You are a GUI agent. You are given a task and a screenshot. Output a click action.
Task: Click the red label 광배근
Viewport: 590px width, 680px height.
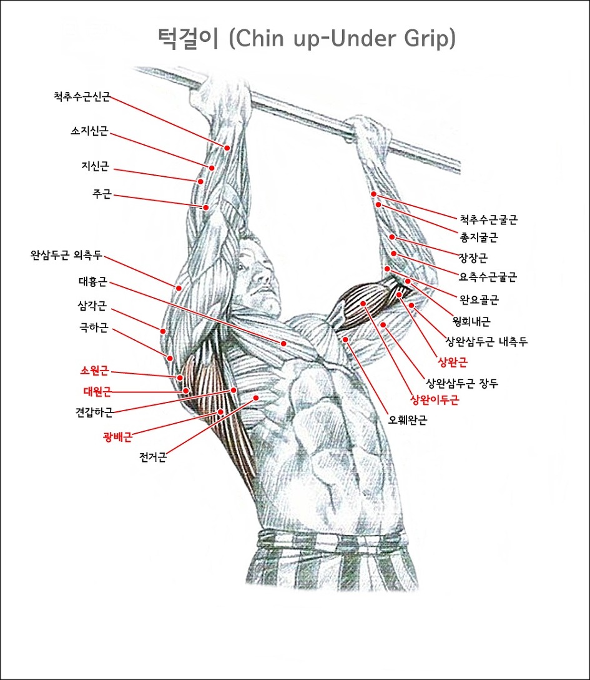tap(117, 437)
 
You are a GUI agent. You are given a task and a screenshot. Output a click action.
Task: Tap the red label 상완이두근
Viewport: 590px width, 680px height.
tap(434, 400)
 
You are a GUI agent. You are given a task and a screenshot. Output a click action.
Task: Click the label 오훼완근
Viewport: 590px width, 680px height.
tap(408, 420)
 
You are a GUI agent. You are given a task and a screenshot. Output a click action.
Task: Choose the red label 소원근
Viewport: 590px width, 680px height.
tap(94, 371)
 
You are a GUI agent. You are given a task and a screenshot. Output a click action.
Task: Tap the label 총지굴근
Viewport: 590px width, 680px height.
tap(479, 237)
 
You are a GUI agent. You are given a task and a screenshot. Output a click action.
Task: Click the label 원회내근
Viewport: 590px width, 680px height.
tap(471, 322)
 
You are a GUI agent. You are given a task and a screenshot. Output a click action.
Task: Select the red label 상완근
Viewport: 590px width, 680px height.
tap(453, 361)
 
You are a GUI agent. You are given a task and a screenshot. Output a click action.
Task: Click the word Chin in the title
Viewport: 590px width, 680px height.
tap(267, 39)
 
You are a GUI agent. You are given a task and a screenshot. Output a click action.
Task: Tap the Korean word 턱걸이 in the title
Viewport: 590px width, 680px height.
tap(187, 39)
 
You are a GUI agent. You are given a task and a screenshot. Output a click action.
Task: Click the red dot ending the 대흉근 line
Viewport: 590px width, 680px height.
tap(283, 344)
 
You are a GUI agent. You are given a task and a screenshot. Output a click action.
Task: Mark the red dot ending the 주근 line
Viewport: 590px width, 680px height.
tap(205, 207)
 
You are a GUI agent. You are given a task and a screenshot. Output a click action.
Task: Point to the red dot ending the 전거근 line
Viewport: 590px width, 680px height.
tap(256, 397)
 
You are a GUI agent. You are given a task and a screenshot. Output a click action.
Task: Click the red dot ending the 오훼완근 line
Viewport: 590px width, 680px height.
tap(345, 339)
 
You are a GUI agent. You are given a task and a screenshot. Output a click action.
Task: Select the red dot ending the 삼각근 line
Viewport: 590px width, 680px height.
tap(162, 331)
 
